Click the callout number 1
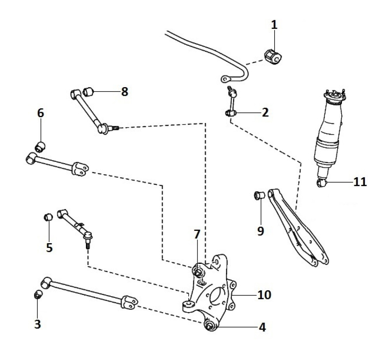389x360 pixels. pyautogui.click(x=274, y=25)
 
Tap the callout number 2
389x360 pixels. pyautogui.click(x=265, y=112)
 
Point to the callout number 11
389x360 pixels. pyautogui.click(x=360, y=182)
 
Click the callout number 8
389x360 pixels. pyautogui.click(x=124, y=91)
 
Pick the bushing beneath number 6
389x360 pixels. pyautogui.click(x=40, y=146)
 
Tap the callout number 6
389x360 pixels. pyautogui.click(x=40, y=113)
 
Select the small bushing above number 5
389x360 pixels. pyautogui.click(x=48, y=217)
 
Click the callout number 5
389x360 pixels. pyautogui.click(x=49, y=247)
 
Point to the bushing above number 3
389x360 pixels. pyautogui.click(x=37, y=295)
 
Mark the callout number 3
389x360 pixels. pyautogui.click(x=37, y=324)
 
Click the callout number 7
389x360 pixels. pyautogui.click(x=197, y=234)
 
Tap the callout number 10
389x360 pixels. pyautogui.click(x=265, y=295)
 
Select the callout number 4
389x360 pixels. pyautogui.click(x=262, y=327)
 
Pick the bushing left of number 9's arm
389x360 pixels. pyautogui.click(x=259, y=195)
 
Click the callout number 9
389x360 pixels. pyautogui.click(x=261, y=231)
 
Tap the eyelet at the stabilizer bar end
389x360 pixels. pyautogui.click(x=225, y=79)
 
